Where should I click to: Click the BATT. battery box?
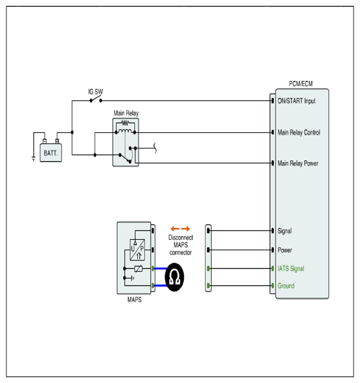click(x=51, y=153)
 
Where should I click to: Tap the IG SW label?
click(x=95, y=92)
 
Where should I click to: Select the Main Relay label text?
click(x=126, y=113)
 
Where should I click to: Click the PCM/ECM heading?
click(x=300, y=84)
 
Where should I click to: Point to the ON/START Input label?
click(x=297, y=101)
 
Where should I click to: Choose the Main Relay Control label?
click(x=299, y=132)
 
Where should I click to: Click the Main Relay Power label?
click(x=298, y=163)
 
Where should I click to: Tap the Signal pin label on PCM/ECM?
click(x=285, y=231)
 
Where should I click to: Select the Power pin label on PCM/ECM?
click(x=285, y=250)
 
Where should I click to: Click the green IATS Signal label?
click(x=291, y=269)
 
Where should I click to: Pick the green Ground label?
click(x=286, y=286)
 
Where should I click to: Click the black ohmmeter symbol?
click(x=174, y=277)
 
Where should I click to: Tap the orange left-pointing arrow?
click(x=175, y=229)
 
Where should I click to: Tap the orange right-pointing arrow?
click(x=186, y=229)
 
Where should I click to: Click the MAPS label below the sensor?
click(x=134, y=299)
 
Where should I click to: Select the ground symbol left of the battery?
click(x=34, y=159)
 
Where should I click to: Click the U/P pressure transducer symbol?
click(x=137, y=250)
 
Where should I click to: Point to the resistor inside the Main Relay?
click(x=125, y=122)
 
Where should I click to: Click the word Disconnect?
click(x=181, y=237)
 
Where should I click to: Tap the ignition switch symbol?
click(x=96, y=100)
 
